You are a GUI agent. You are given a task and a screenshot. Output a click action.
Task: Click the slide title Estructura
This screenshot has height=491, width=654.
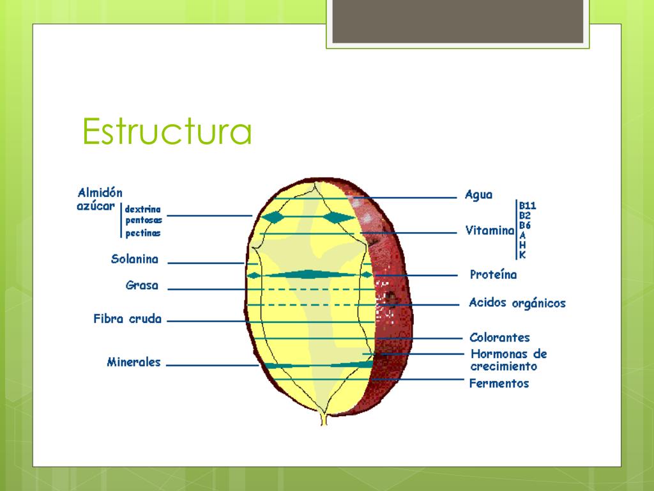[x=167, y=132]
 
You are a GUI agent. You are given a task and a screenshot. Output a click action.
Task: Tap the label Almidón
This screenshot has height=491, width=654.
[x=100, y=192]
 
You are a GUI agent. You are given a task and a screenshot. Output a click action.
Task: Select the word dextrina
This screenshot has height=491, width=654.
[x=143, y=209]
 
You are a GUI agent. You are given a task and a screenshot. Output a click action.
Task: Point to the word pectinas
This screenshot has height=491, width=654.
[x=143, y=233]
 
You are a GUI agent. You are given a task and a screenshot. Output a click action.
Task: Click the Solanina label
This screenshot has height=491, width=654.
[x=134, y=259]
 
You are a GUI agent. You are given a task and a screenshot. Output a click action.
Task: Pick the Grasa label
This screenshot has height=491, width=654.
[x=142, y=285]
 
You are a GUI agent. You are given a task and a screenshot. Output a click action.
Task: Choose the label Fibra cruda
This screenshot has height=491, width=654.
[x=128, y=318]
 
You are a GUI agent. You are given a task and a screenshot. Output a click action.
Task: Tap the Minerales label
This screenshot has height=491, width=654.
[x=133, y=362]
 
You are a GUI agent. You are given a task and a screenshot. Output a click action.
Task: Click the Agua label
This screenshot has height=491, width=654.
[x=479, y=195]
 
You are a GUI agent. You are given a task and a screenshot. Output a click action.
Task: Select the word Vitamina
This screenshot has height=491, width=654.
[x=490, y=230]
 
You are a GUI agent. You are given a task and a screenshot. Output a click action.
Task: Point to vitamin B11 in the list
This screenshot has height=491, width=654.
[x=527, y=206]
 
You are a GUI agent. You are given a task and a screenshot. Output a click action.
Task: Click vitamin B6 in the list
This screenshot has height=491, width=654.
[x=525, y=225]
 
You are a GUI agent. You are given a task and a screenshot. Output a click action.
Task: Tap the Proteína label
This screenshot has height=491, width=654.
[x=493, y=275]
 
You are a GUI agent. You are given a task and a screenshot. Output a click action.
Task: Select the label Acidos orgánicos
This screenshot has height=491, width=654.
[x=517, y=303]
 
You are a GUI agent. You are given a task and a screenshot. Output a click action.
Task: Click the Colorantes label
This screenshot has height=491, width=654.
[x=499, y=338]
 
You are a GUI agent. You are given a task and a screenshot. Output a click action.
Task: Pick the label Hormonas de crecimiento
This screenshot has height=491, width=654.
[x=508, y=360]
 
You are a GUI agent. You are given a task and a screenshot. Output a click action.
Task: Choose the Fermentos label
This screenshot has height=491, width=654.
[x=499, y=384]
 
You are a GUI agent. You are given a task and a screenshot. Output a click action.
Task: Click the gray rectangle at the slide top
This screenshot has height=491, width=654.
[x=457, y=21]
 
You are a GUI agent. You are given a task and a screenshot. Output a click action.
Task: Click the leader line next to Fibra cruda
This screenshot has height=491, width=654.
[x=204, y=322]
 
